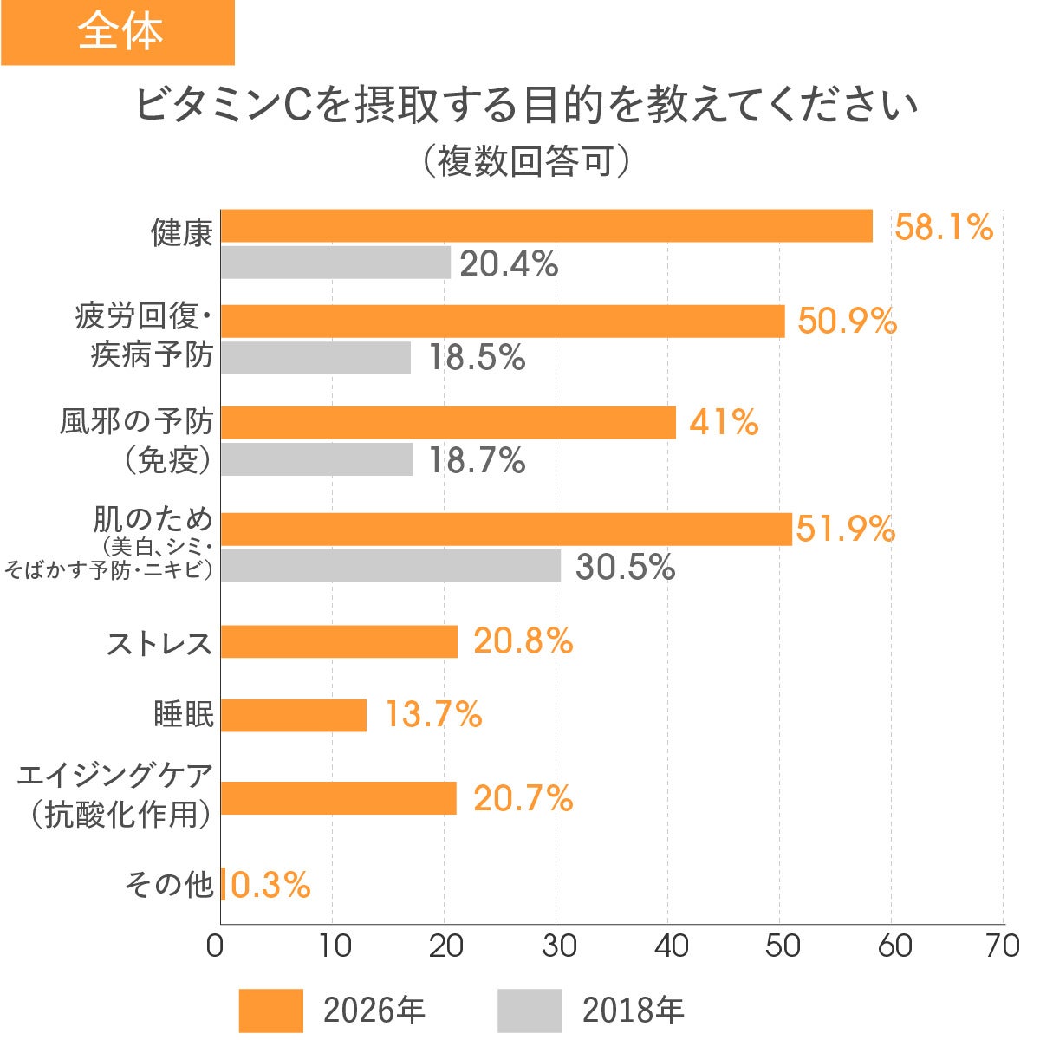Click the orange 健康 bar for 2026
coord(546,226)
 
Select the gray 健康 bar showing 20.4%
coord(335,263)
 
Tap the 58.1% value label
coord(943,228)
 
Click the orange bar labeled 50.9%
coord(503,321)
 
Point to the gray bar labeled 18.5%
coord(315,358)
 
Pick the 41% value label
coord(724,423)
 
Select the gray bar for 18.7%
coord(316,459)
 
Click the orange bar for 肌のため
coord(506,529)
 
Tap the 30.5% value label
coord(625,567)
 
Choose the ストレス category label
coord(159,643)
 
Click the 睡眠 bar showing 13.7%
coord(294,715)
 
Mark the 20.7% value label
coord(523,798)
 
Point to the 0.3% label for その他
coord(270,885)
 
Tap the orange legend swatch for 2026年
coord(270,1010)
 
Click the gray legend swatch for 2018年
coord(530,1010)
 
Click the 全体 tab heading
coord(119,32)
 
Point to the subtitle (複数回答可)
coord(526,161)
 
